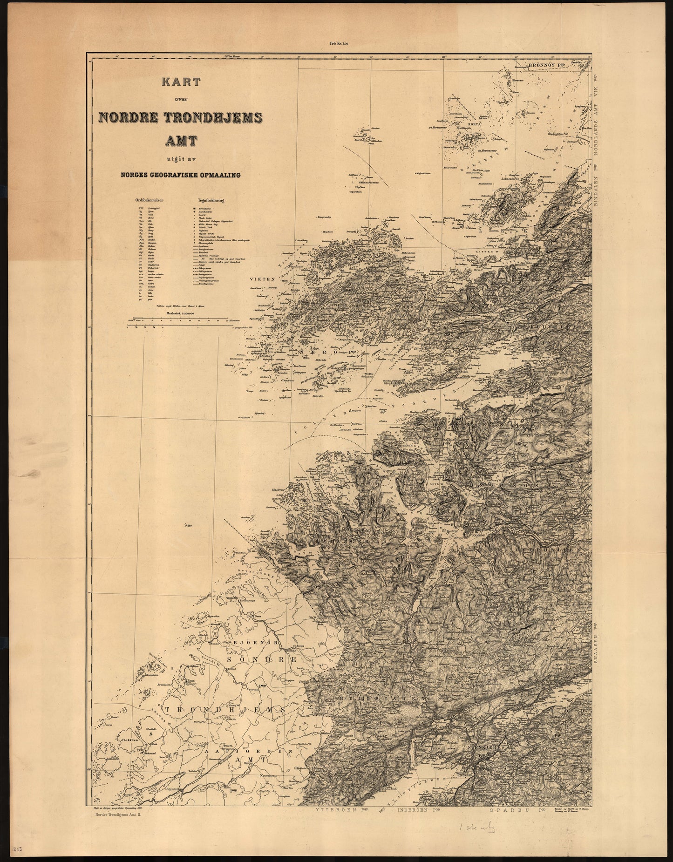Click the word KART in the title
(x=181, y=82)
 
